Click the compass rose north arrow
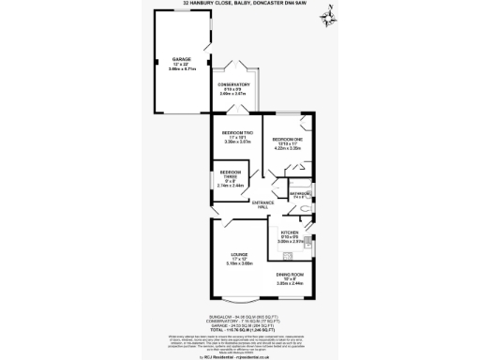[327, 17]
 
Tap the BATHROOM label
[301, 192]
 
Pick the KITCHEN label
[289, 232]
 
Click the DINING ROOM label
[290, 276]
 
